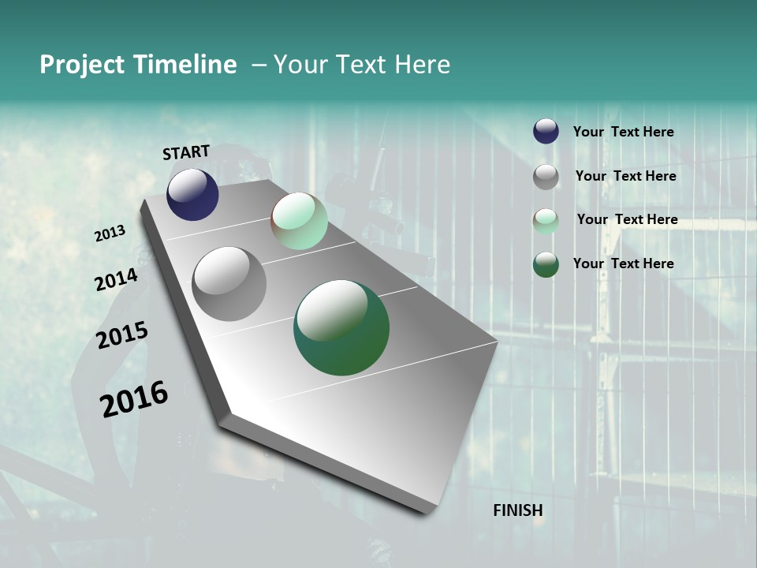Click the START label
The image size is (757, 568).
[186, 152]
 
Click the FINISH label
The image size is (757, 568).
[518, 510]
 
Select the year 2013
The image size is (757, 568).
[110, 234]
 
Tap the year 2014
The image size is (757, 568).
[116, 280]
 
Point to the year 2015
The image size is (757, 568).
[122, 335]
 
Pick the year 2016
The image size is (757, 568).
[134, 399]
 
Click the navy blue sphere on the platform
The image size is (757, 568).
[192, 194]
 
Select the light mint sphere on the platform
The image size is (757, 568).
[299, 221]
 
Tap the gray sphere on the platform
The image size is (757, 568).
[229, 284]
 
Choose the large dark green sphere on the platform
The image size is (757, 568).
[341, 328]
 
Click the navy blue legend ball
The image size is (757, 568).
[546, 131]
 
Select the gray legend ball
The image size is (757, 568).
[546, 177]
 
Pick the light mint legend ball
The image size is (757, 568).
[546, 221]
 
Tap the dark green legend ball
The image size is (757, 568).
[546, 264]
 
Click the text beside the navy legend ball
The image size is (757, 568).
[623, 132]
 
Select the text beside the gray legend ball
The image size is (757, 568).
[625, 176]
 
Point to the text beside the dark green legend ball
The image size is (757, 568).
[623, 263]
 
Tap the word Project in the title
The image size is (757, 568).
[81, 65]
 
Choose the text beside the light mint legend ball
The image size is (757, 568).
[627, 219]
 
